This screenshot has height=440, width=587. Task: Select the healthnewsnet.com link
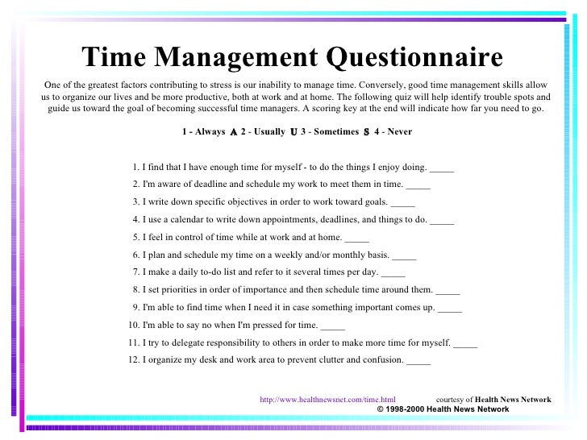(327, 399)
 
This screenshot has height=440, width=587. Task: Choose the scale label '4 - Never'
(393, 131)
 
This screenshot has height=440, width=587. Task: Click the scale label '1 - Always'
(204, 131)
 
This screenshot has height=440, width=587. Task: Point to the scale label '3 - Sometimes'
(329, 131)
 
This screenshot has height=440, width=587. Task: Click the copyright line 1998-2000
(443, 409)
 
